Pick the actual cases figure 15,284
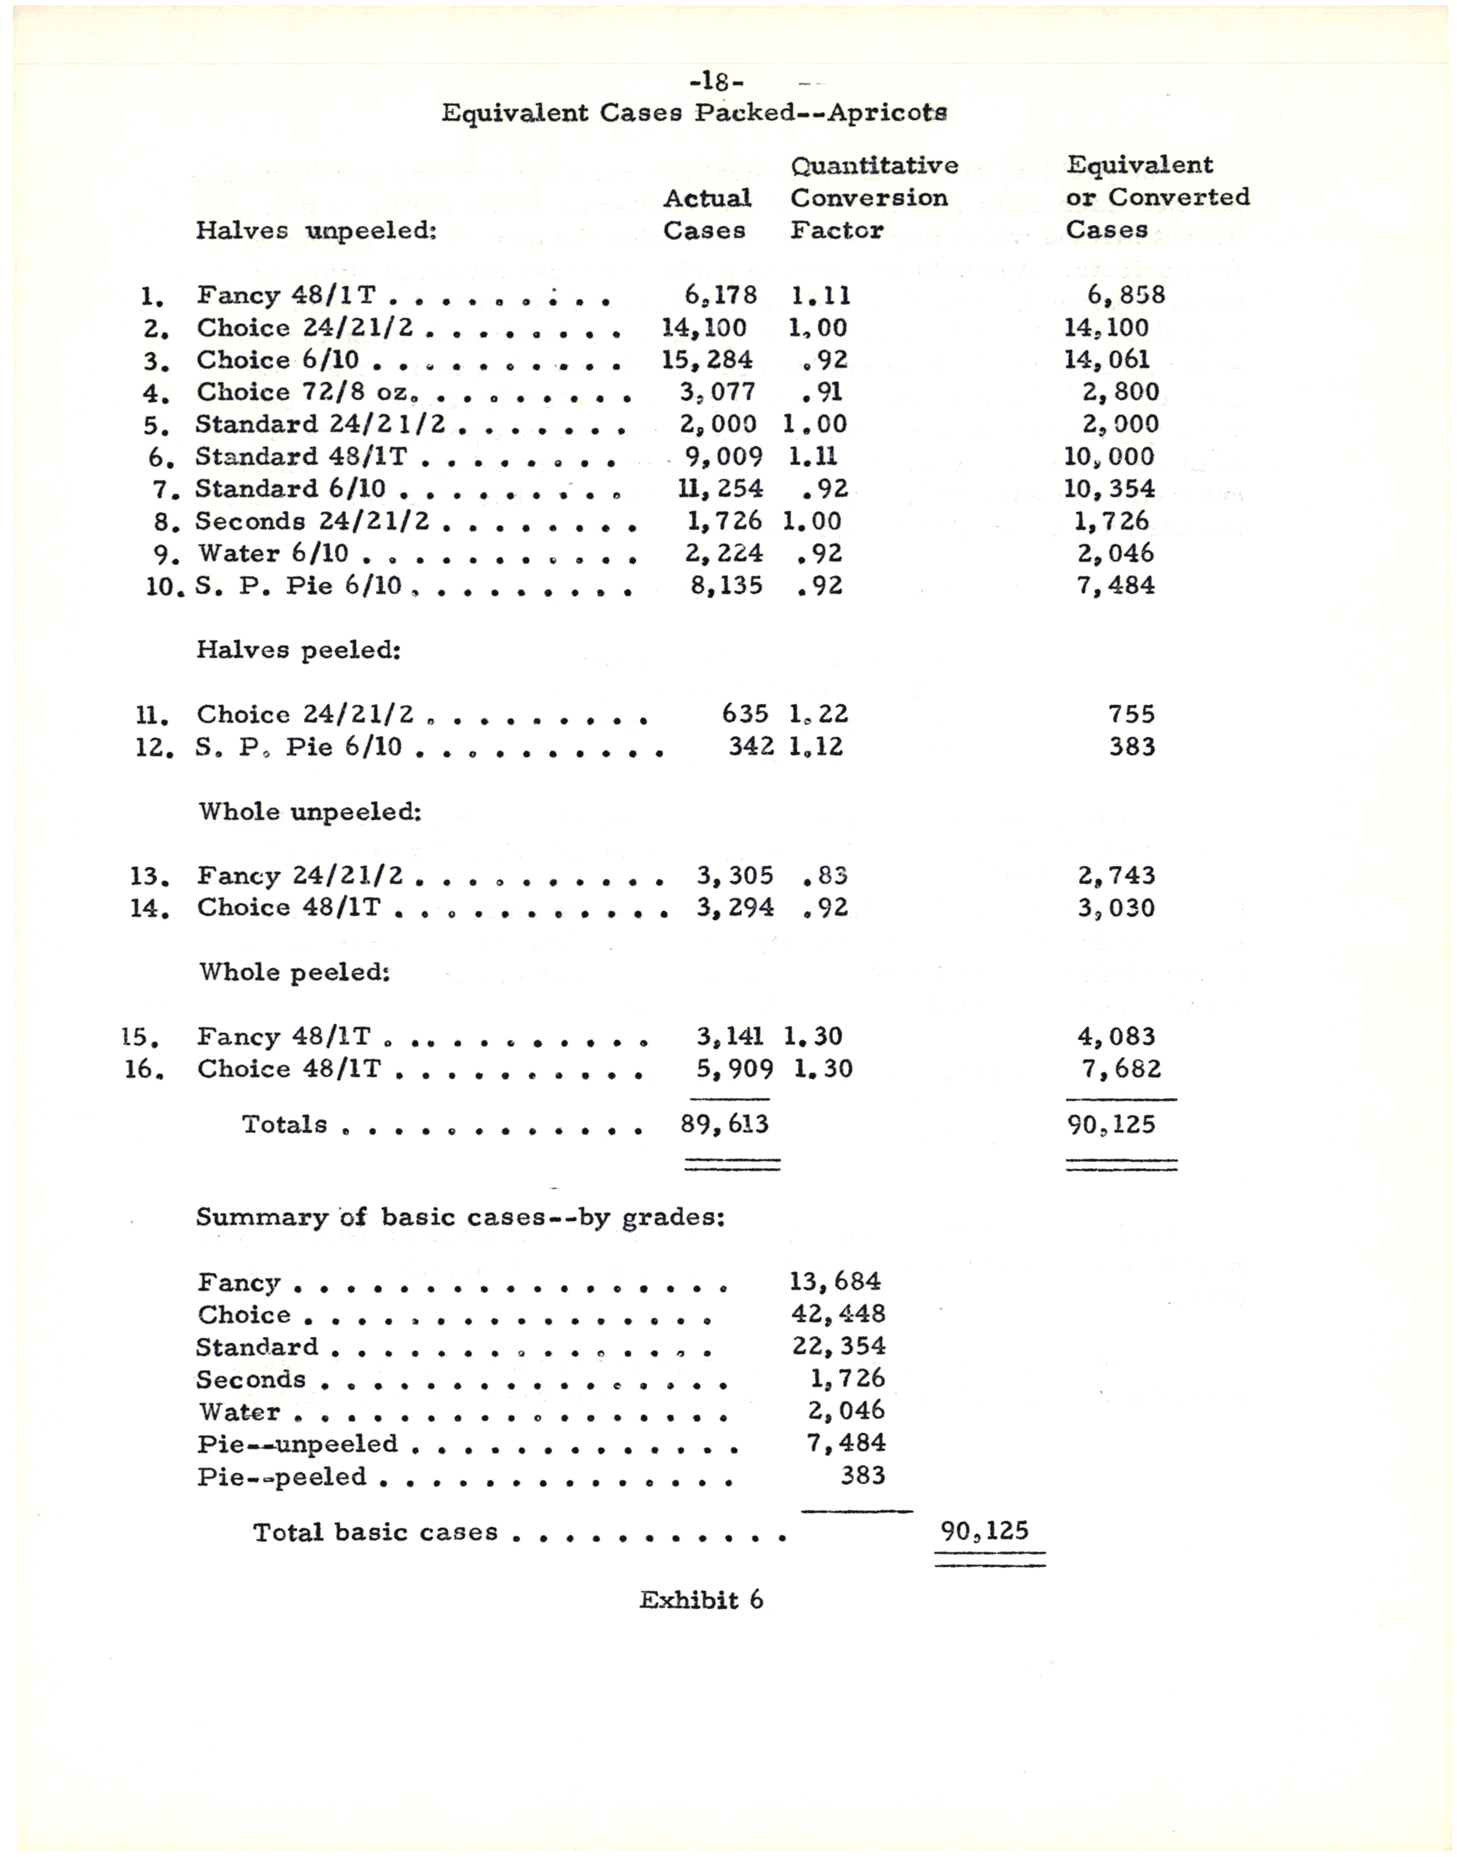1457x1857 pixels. click(707, 360)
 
